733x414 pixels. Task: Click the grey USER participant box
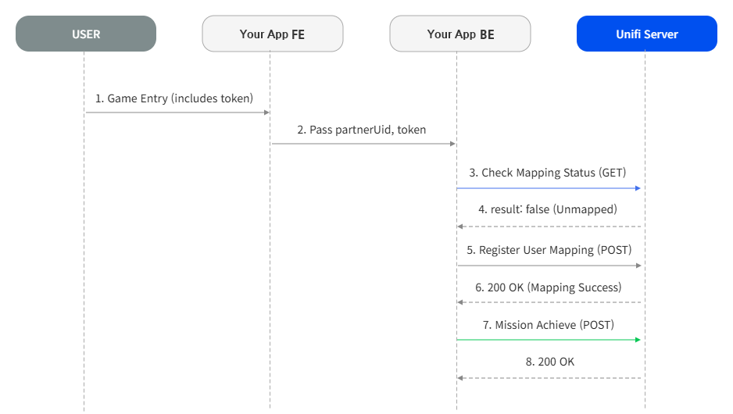86,34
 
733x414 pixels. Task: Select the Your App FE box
273,34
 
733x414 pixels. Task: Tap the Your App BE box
460,34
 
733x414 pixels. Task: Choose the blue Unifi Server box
647,34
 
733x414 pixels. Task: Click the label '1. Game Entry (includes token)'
174,98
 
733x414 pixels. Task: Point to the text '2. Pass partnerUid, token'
361,130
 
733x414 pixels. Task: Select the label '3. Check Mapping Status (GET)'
548,173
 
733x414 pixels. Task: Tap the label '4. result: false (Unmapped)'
548,209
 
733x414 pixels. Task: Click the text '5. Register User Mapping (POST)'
549,250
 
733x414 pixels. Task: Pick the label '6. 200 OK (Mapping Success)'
549,287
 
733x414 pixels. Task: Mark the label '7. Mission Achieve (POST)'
549,325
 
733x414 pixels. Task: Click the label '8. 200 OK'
550,362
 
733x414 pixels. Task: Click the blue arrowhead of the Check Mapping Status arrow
638,188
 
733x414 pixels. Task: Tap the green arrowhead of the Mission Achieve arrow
638,340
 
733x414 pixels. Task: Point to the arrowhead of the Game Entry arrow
267,112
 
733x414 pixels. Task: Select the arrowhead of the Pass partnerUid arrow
452,144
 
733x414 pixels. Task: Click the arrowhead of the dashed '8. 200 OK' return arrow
460,378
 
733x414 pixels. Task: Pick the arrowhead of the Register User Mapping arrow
638,266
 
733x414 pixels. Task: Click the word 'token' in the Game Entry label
235,98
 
